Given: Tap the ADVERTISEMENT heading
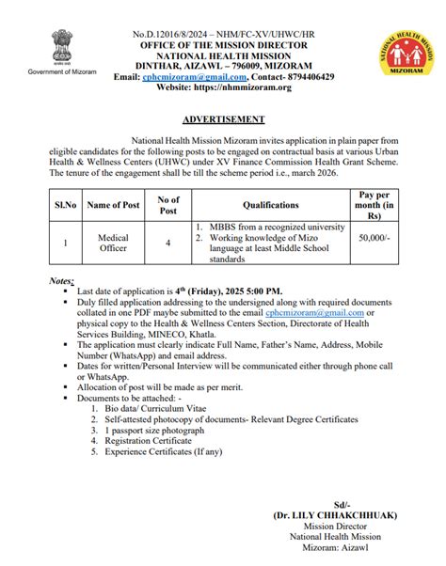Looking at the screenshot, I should [x=223, y=120].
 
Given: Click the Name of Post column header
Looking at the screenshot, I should [x=112, y=203].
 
